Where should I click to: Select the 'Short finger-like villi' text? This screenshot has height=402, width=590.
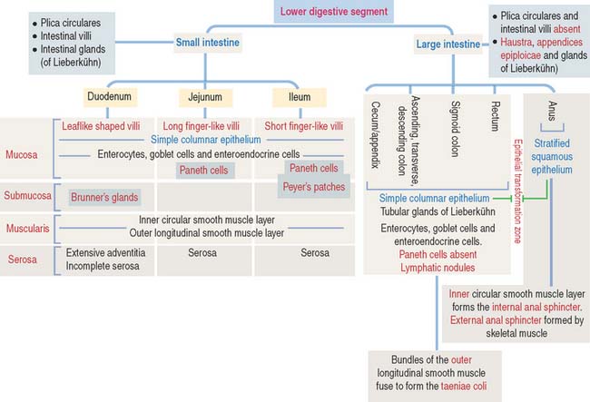point(304,126)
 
